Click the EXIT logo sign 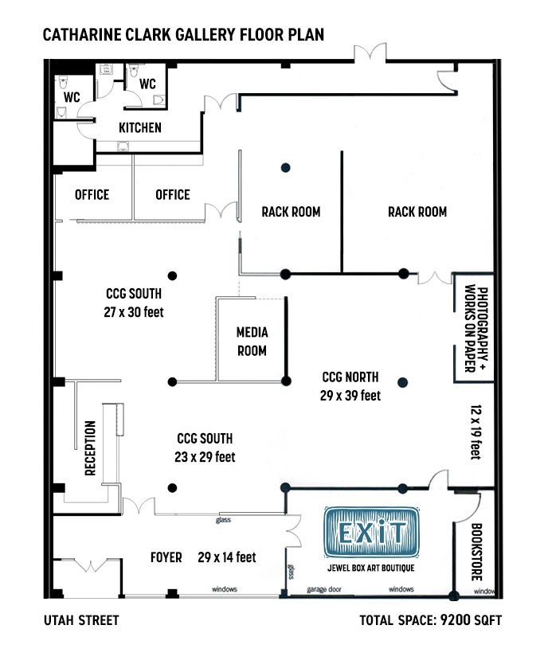[371, 532]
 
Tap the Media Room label [252, 342]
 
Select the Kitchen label [140, 127]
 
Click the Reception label [91, 447]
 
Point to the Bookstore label [476, 552]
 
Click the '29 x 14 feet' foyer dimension [227, 557]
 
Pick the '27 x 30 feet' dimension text [134, 312]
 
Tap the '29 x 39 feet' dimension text [350, 395]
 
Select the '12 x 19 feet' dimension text [476, 432]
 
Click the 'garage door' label [324, 589]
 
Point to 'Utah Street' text [81, 620]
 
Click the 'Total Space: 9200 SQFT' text [430, 620]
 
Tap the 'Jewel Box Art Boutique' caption [371, 568]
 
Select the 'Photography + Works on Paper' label [476, 328]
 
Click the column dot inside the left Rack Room [285, 167]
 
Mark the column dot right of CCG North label [402, 382]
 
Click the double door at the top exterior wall [370, 53]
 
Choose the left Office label [92, 194]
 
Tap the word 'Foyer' [166, 557]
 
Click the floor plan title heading [183, 35]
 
